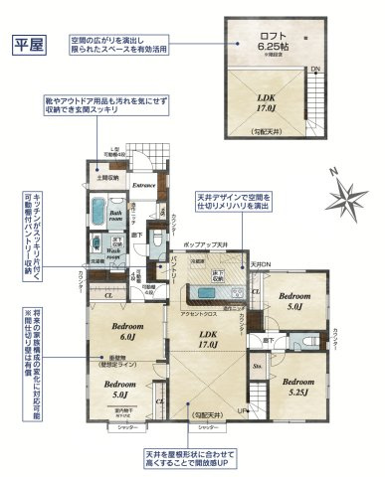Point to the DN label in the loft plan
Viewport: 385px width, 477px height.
314,69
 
